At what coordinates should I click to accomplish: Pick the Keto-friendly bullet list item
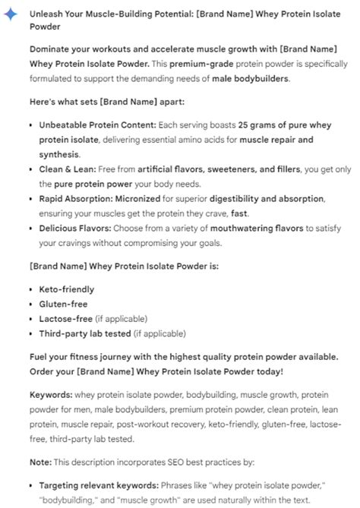66,289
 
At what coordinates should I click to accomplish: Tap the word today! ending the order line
267,371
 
